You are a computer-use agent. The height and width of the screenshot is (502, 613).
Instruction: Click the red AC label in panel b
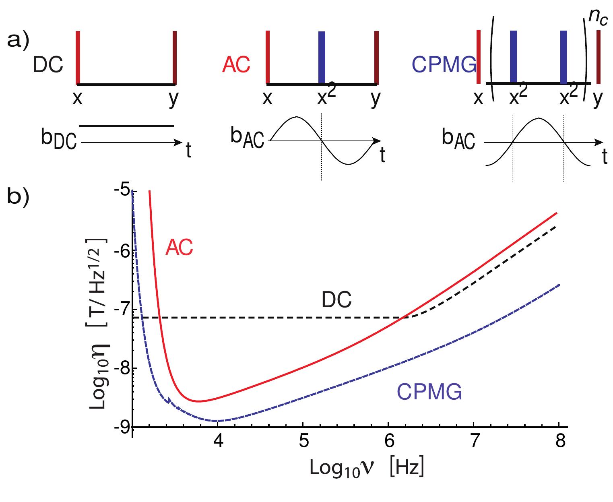[x=179, y=248]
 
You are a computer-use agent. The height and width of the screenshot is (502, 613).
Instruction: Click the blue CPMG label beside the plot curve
[x=429, y=391]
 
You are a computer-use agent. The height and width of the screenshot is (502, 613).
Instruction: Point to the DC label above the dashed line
[x=336, y=300]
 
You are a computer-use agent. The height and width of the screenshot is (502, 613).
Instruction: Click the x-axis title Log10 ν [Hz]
[x=366, y=468]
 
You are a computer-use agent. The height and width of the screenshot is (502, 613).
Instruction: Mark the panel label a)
[x=19, y=42]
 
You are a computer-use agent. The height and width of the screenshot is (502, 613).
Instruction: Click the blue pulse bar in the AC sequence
[x=322, y=57]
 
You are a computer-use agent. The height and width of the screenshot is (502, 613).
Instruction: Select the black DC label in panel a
[x=48, y=65]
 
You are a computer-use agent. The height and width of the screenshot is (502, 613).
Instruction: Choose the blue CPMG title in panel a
[x=444, y=65]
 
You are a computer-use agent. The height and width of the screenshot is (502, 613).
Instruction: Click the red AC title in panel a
[x=236, y=65]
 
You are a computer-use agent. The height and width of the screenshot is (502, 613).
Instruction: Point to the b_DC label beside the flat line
[x=58, y=140]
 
